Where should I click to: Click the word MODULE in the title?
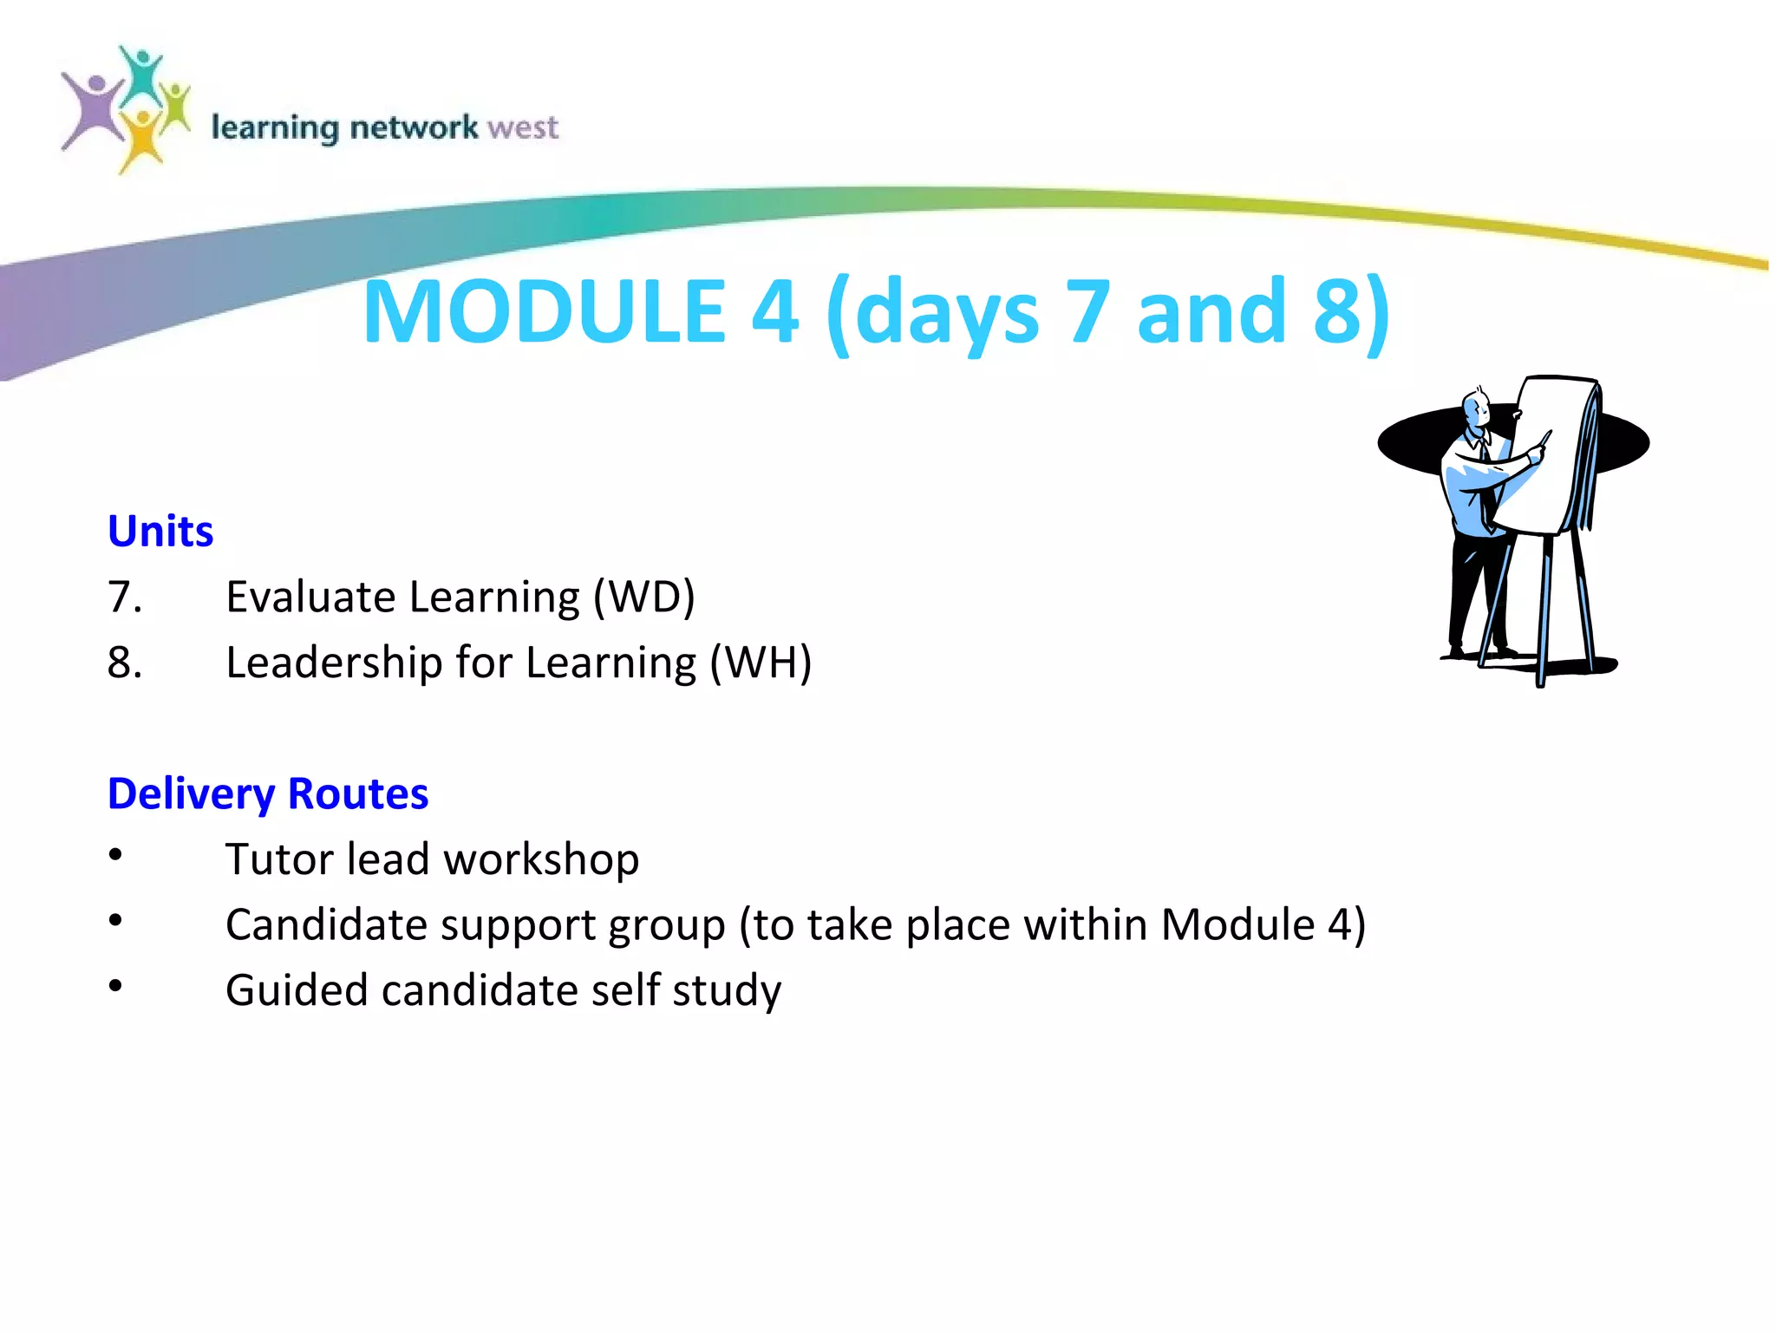[x=544, y=311]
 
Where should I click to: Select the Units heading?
[x=160, y=531]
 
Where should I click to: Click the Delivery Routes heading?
[x=268, y=793]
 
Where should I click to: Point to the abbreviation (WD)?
[x=643, y=597]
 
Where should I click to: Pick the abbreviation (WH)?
[x=761, y=663]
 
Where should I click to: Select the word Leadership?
[x=334, y=663]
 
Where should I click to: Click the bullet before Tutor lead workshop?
[x=115, y=855]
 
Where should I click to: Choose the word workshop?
[x=541, y=859]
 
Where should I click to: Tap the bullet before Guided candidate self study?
[x=115, y=986]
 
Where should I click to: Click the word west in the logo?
[x=523, y=127]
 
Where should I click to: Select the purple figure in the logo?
[x=92, y=111]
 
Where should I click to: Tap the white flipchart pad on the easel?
[x=1548, y=455]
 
